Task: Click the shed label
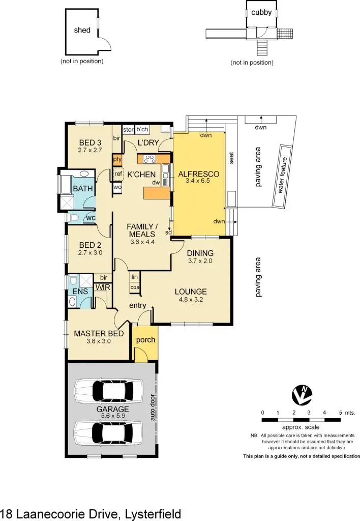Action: [82, 30]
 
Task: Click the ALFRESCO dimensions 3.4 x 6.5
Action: [198, 182]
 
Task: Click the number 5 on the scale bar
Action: [340, 412]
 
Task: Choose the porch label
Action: [146, 340]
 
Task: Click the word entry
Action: [138, 305]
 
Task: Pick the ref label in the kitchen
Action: [118, 174]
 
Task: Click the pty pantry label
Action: [117, 159]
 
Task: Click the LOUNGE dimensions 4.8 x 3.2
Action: [191, 300]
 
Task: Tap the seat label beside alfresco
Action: [231, 159]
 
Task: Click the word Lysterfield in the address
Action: [151, 514]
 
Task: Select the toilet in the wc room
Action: [74, 218]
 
